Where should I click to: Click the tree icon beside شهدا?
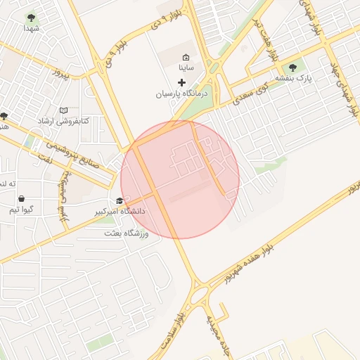(31, 17)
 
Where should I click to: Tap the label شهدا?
(31, 28)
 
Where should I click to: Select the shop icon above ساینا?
(186, 58)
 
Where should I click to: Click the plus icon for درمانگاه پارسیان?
(181, 82)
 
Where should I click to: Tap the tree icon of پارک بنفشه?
(292, 67)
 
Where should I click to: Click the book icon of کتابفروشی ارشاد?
(64, 111)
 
